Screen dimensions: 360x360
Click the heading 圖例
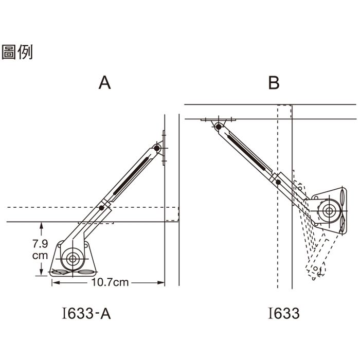coord(17,52)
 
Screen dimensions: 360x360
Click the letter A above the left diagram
coord(105,83)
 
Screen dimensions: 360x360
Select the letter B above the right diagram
coord(274,83)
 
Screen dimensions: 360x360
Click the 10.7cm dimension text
coord(110,282)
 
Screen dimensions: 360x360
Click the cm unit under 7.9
coord(40,256)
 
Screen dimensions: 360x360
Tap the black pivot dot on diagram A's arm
coord(101,208)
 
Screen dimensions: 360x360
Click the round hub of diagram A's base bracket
coord(72,258)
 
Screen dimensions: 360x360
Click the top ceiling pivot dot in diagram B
coord(220,125)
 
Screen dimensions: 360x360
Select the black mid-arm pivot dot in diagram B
coord(278,183)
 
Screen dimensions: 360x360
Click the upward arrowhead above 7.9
coord(40,225)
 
